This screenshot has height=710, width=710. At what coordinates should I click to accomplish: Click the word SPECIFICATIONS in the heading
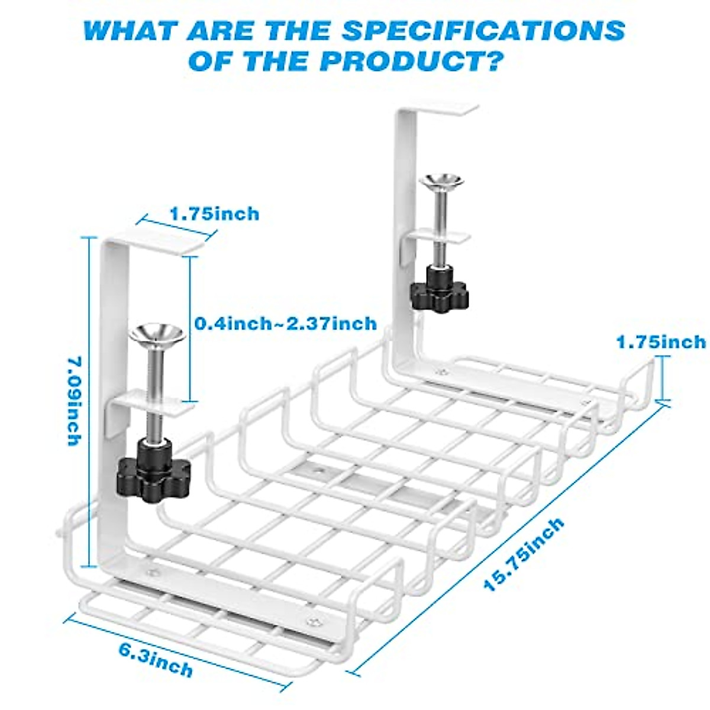[x=483, y=30]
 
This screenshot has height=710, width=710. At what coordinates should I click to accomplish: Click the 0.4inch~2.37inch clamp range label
[x=286, y=324]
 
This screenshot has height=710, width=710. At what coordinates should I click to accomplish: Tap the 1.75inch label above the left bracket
[x=214, y=213]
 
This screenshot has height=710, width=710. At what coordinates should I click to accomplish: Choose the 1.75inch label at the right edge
[x=661, y=342]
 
